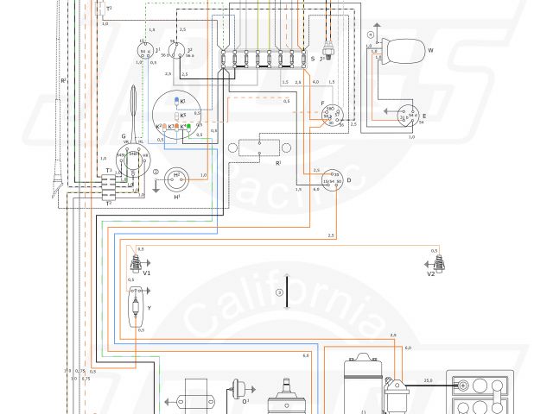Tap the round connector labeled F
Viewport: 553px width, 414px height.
point(329,116)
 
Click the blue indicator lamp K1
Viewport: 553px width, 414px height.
point(178,101)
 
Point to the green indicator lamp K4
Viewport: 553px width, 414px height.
point(188,128)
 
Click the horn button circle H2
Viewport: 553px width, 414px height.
point(176,176)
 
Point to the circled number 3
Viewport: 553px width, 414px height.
point(280,293)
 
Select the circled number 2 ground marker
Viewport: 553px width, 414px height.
point(156,172)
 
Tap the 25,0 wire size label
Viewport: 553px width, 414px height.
point(427,380)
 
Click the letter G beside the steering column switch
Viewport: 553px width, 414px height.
point(124,136)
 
